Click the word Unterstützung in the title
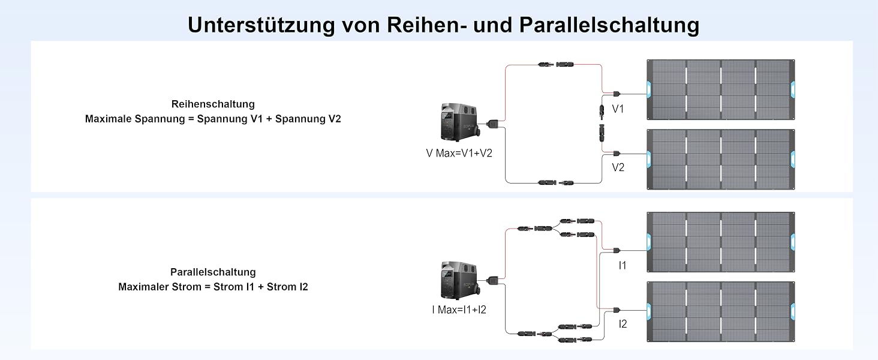click(x=261, y=25)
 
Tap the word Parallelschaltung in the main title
click(x=609, y=25)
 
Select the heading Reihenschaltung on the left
click(x=213, y=104)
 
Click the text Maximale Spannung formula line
click(x=213, y=119)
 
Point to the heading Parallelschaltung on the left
click(x=213, y=272)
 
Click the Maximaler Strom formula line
click(x=213, y=287)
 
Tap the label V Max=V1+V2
click(x=459, y=153)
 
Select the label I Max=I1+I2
click(x=459, y=310)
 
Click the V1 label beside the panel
click(x=618, y=109)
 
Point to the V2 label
click(x=618, y=167)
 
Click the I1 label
click(x=623, y=265)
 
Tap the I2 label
click(x=623, y=324)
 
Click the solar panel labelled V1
click(x=721, y=89)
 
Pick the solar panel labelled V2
click(x=721, y=159)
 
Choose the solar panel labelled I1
click(x=721, y=242)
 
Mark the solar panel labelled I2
click(x=721, y=312)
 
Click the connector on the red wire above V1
click(x=556, y=64)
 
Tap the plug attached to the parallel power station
click(x=492, y=281)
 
